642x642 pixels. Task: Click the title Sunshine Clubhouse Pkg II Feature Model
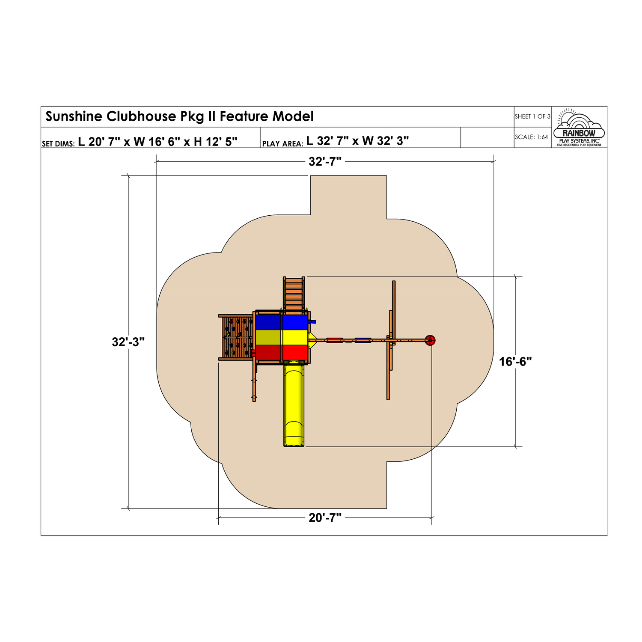[179, 116]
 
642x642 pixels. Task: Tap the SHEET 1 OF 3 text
[532, 116]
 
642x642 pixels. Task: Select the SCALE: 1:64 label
[531, 137]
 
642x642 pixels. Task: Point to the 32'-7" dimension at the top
[325, 161]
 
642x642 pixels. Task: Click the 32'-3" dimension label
[128, 342]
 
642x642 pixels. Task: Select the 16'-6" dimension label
[515, 362]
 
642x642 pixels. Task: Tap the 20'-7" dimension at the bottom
[325, 518]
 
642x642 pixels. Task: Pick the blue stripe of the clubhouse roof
[282, 322]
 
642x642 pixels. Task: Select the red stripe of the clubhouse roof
[282, 353]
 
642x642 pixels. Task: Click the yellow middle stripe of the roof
[282, 337]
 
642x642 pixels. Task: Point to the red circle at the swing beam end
[430, 340]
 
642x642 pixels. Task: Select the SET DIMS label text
[58, 144]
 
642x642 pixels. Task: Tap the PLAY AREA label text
[282, 144]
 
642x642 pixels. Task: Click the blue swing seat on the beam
[363, 340]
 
